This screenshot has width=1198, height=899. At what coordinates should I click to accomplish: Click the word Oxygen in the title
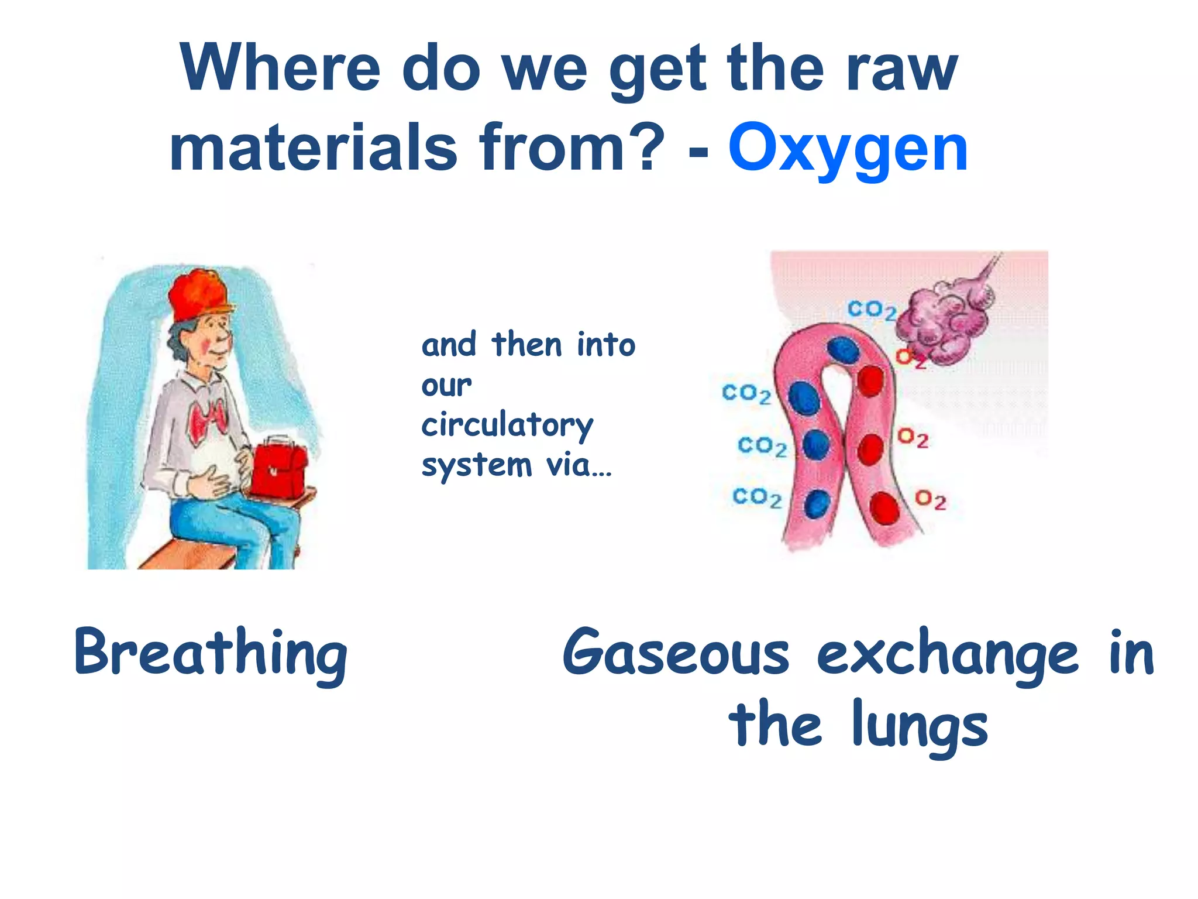click(848, 149)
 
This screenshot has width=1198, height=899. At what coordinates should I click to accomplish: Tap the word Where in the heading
click(280, 69)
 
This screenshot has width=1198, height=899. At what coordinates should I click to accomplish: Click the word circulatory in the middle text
click(507, 425)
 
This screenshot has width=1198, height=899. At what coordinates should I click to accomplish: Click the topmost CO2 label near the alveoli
click(871, 310)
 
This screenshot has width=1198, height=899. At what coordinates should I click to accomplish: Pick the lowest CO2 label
click(756, 498)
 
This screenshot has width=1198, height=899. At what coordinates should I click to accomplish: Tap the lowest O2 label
click(930, 500)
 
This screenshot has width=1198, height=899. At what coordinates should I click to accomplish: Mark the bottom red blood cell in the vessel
click(884, 508)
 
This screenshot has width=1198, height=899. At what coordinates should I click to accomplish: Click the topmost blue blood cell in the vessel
click(843, 349)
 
